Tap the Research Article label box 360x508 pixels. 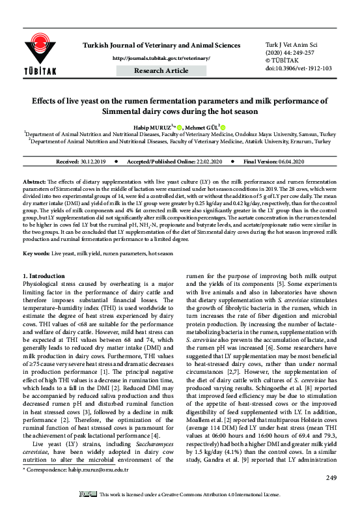coord(161,70)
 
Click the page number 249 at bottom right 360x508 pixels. coord(331,479)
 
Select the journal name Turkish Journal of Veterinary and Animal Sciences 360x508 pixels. coord(160,45)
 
